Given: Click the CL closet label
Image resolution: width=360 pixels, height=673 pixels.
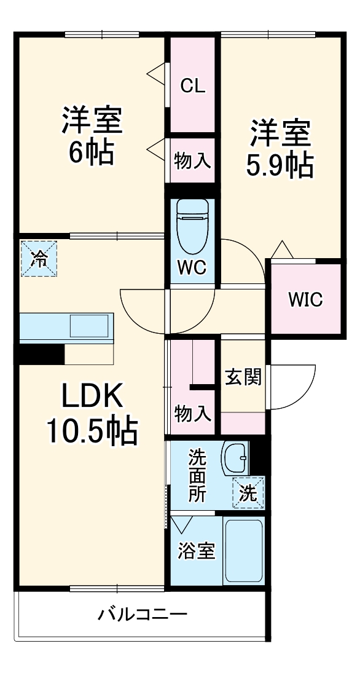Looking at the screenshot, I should pyautogui.click(x=192, y=86).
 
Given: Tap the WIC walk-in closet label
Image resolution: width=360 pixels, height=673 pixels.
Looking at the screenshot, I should pyautogui.click(x=305, y=300).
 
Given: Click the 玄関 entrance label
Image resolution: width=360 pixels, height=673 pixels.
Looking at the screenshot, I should pyautogui.click(x=242, y=377).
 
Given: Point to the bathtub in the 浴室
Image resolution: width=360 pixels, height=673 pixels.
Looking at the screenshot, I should pyautogui.click(x=243, y=550).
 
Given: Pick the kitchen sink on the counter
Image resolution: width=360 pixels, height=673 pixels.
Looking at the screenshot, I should pyautogui.click(x=90, y=325).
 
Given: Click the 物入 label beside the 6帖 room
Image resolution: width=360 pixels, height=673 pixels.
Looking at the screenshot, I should pyautogui.click(x=192, y=161).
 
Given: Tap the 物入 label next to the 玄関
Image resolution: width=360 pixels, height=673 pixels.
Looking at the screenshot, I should pyautogui.click(x=192, y=413).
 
